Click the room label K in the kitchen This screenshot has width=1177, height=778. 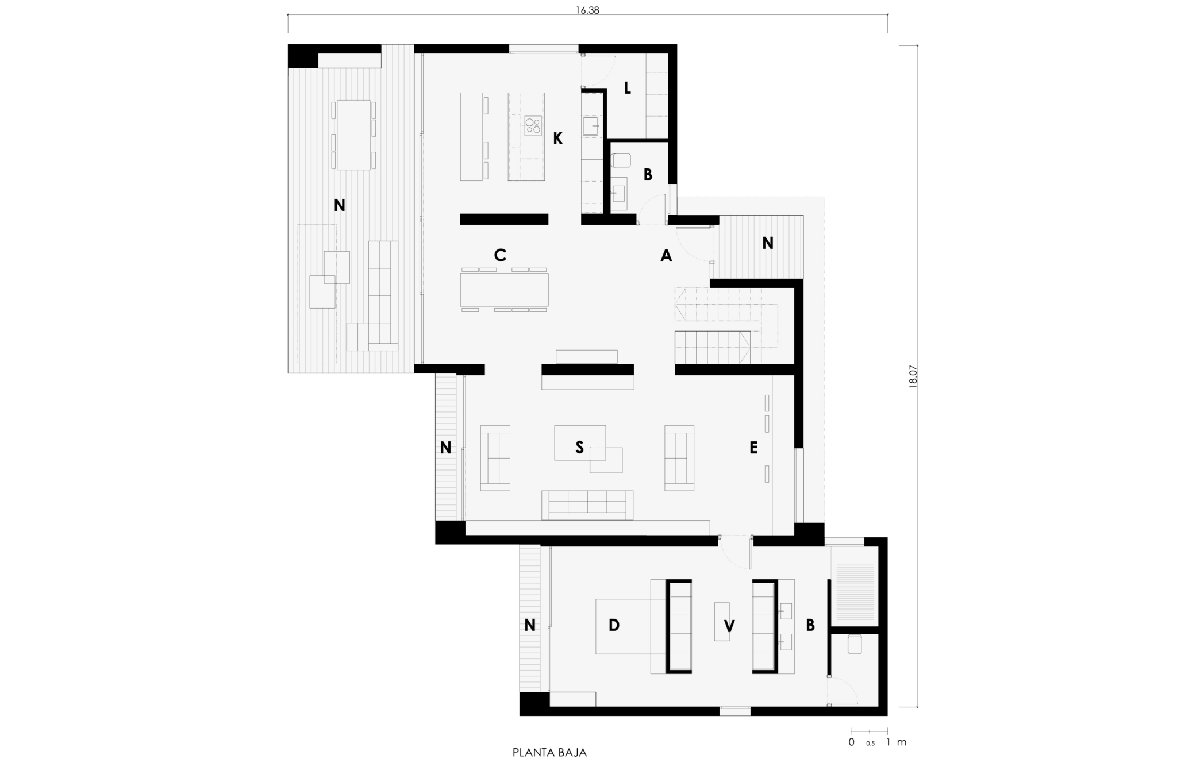557,138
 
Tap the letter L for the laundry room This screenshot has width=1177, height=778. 627,88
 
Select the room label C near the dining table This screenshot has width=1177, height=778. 500,255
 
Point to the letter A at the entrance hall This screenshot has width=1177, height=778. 666,256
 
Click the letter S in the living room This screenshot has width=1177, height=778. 579,447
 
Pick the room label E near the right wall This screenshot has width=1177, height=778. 753,448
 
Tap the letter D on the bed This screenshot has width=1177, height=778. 614,625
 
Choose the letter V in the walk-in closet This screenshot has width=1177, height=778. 729,626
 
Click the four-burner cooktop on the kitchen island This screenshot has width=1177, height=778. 533,125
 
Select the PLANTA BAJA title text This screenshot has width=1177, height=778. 549,753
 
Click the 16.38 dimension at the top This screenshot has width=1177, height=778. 587,10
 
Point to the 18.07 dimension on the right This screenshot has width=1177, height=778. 913,377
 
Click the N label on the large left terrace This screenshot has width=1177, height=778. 339,205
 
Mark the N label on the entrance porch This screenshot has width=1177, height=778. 767,243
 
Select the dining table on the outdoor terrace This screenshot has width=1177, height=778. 353,135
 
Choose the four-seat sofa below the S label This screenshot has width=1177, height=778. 587,505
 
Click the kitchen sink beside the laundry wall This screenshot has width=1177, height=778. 591,126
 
